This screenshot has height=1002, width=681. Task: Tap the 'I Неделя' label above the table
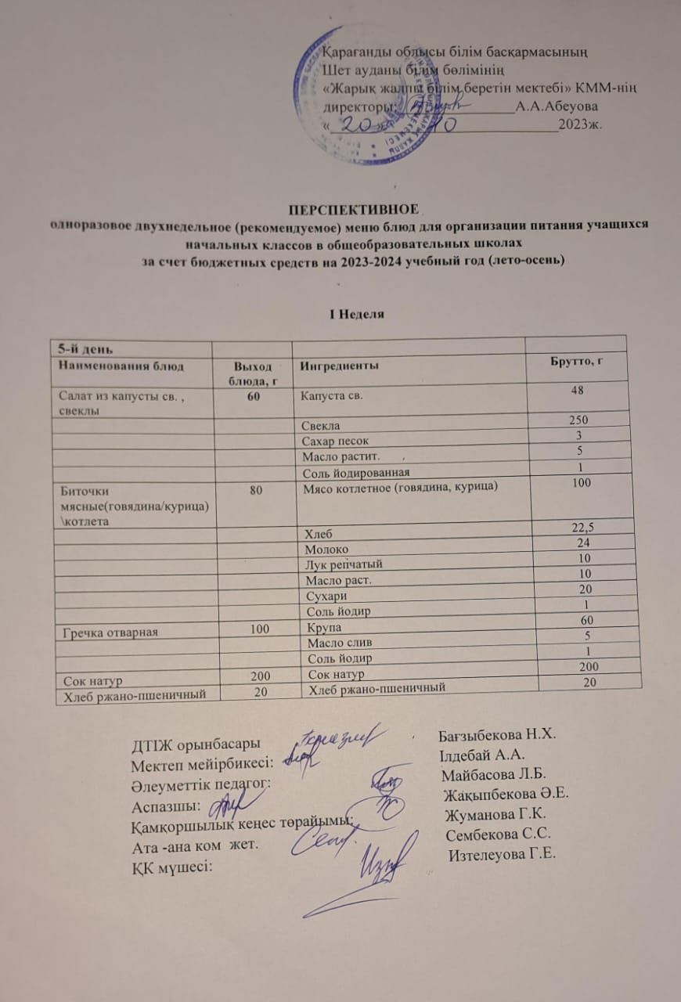pyautogui.click(x=356, y=313)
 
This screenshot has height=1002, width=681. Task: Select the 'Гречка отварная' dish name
pyautogui.click(x=105, y=631)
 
